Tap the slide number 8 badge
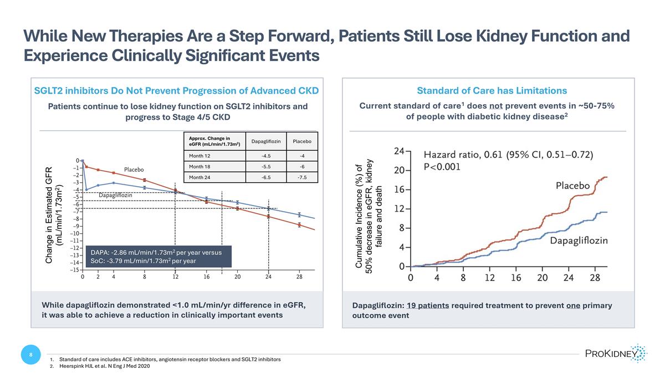[x=30, y=355]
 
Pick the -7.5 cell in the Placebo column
[x=302, y=177]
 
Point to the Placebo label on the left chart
[x=134, y=169]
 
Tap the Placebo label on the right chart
[x=580, y=186]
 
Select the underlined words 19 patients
[x=427, y=306]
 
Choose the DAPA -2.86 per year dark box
[x=156, y=257]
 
